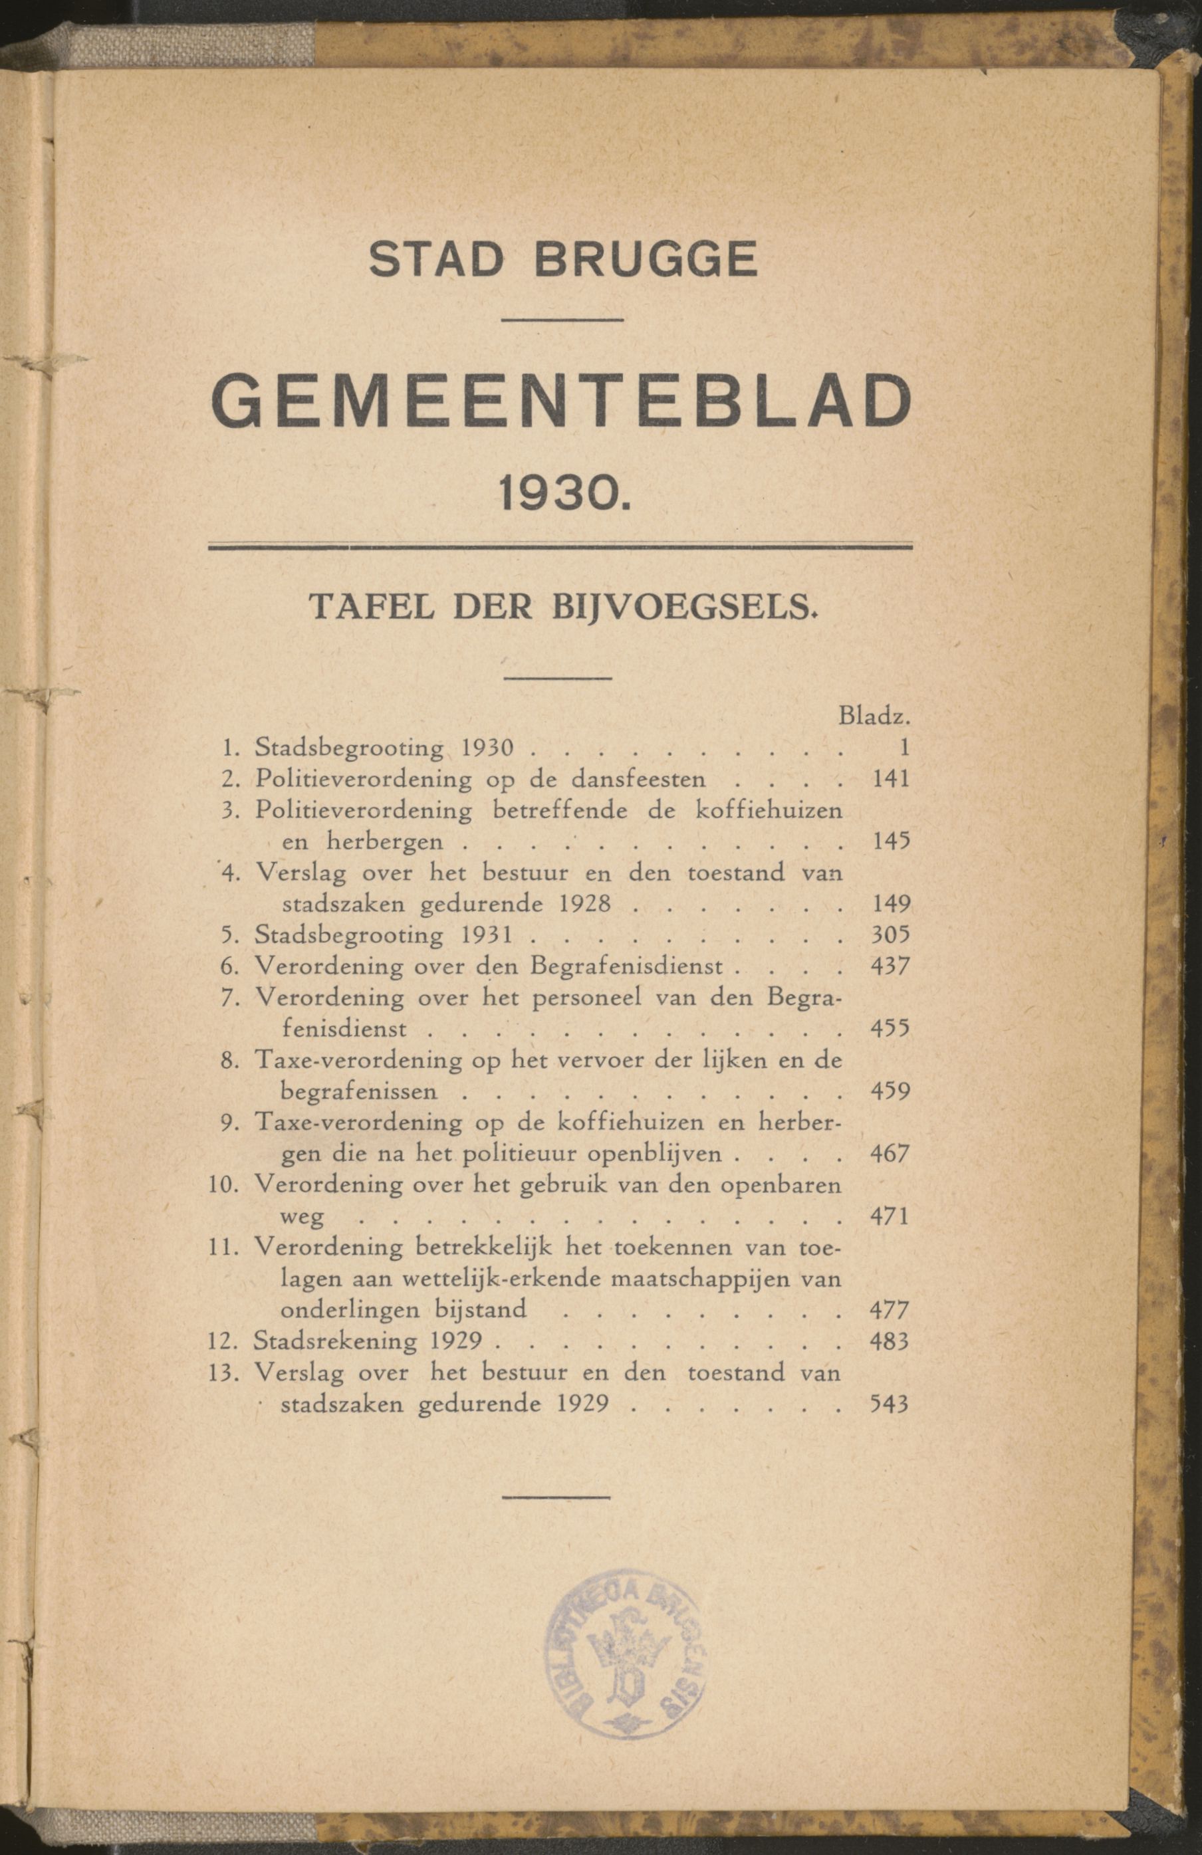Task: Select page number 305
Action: pyautogui.click(x=890, y=934)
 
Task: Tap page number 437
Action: pyautogui.click(x=890, y=966)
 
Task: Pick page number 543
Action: pyautogui.click(x=889, y=1404)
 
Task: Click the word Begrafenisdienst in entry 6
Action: pyautogui.click(x=627, y=966)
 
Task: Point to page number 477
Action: pyautogui.click(x=890, y=1310)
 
